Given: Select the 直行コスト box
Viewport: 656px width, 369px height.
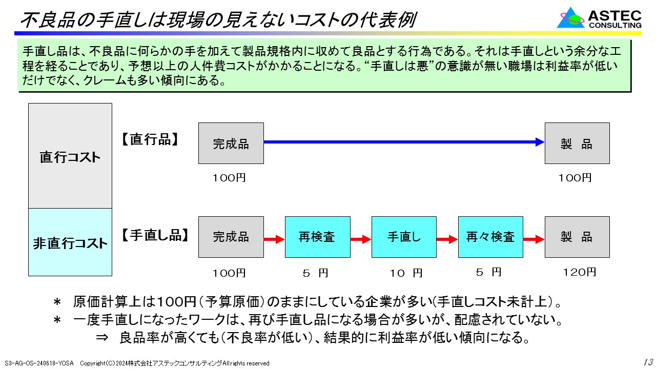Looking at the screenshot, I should pos(70,156).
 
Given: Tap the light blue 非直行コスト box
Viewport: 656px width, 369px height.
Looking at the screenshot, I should pos(70,242).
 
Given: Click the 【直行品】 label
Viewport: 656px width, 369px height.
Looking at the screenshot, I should pos(150,140).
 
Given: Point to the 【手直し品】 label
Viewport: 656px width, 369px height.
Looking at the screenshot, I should pos(155,235).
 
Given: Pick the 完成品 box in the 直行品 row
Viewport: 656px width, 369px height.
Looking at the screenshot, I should pos(231,143).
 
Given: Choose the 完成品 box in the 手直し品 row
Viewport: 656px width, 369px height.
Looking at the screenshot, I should pos(231,237).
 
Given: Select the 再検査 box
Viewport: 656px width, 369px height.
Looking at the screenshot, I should pos(317,237).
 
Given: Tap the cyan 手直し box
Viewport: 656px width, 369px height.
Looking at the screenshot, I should pos(404,237).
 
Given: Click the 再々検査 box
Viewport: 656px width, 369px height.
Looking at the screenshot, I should pos(490,237).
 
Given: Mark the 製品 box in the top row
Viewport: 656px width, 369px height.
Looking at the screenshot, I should pos(577,143).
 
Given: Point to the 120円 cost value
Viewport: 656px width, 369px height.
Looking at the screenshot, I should pos(579,272).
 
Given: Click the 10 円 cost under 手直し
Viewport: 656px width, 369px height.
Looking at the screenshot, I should pos(405,273).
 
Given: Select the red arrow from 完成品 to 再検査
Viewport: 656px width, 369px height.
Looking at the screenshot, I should pos(274,239).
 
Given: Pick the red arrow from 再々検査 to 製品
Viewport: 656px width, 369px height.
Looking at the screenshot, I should pos(534,239).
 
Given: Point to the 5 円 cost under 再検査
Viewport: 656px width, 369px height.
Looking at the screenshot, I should pos(315,273).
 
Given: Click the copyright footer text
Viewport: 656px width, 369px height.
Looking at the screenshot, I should pos(174,363).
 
